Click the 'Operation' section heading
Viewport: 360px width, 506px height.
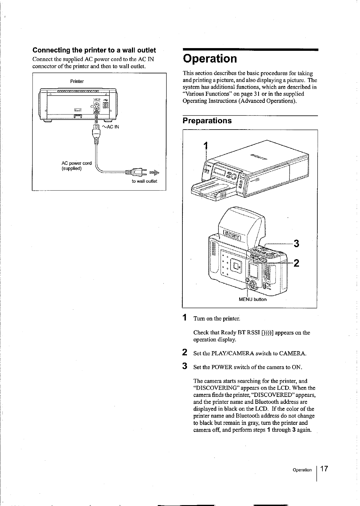click(x=210, y=59)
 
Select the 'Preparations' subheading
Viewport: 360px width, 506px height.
click(x=207, y=121)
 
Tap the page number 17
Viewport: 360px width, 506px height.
click(x=325, y=469)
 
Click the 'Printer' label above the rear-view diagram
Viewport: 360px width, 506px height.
click(x=77, y=81)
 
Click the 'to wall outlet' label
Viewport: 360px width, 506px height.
click(x=144, y=181)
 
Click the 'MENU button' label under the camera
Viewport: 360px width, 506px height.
click(x=252, y=299)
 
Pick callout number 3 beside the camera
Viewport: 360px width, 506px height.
click(x=296, y=243)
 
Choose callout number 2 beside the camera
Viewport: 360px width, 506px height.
click(x=296, y=263)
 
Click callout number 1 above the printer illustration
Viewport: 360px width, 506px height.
click(x=206, y=146)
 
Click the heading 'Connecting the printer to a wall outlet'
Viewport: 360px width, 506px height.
click(x=94, y=50)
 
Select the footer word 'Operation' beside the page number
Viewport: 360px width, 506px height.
click(x=302, y=470)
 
